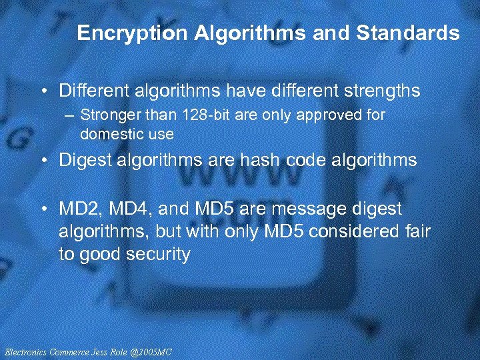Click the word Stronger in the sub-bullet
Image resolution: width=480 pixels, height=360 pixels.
point(105,115)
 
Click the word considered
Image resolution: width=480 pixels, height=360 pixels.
point(358,231)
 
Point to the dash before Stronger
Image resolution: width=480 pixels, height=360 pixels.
point(70,115)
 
